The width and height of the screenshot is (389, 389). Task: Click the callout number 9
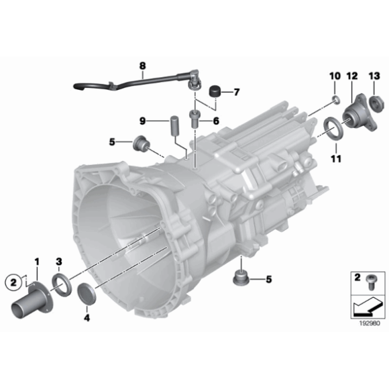pos(142,121)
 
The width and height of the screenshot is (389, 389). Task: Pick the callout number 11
pos(335,159)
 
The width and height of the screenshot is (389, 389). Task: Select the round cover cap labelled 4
pos(87,293)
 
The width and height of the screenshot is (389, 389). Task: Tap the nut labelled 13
pos(376,103)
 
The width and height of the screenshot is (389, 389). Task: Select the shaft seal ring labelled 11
pos(331,128)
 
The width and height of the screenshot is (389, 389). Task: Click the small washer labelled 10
pos(333,102)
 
